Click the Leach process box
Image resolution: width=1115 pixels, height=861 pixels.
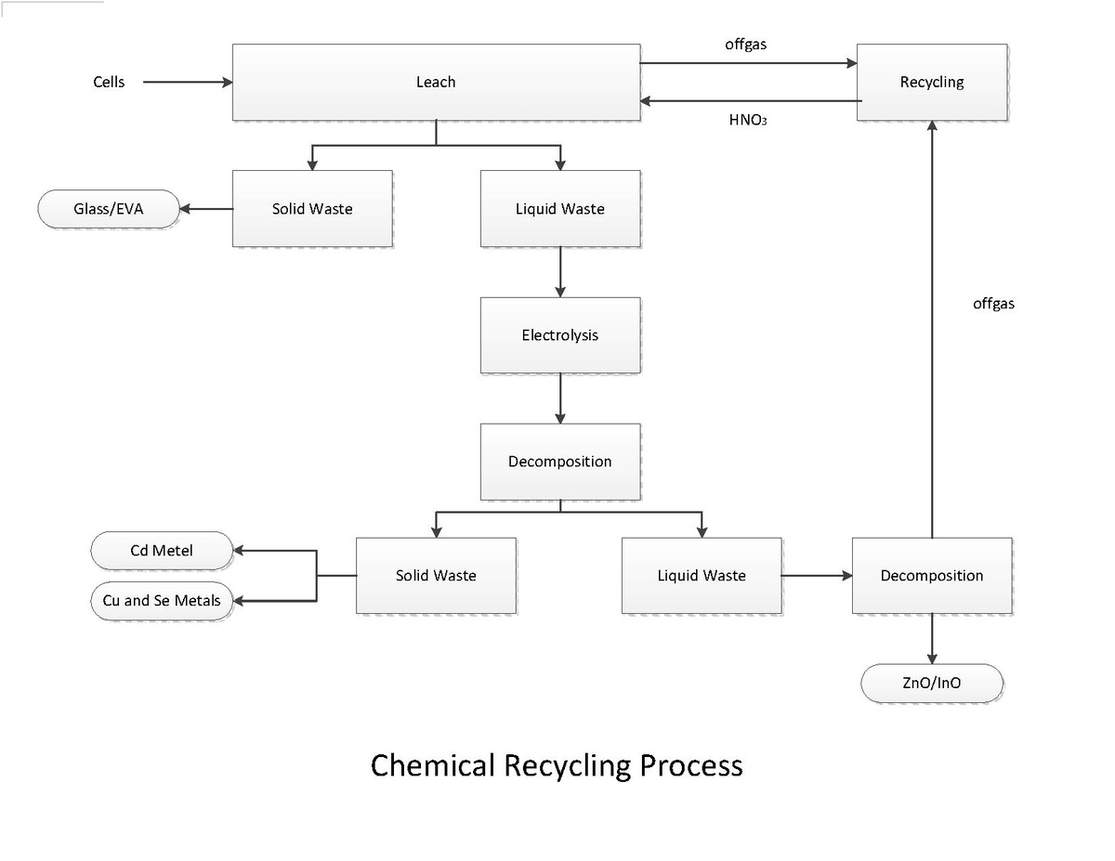coord(436,82)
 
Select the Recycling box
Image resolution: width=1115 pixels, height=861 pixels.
coord(932,82)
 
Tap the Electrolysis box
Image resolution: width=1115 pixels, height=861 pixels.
coord(560,335)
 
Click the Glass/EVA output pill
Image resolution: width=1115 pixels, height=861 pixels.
coord(109,209)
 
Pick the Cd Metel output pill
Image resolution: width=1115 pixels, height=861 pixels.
coord(162,550)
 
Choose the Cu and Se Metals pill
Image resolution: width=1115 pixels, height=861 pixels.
coord(162,601)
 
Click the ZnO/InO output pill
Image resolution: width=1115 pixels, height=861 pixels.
coord(932,683)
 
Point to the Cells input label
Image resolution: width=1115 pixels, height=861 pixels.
coord(109,82)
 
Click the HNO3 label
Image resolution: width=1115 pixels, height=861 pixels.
coord(748,120)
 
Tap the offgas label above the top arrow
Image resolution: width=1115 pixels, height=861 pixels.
coord(745,45)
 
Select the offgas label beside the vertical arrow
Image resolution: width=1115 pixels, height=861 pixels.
coord(993,304)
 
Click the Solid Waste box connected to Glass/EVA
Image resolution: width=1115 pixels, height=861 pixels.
coord(312,209)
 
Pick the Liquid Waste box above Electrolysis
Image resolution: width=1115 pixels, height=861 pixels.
coord(560,209)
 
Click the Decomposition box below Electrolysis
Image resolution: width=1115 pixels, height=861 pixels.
coord(560,462)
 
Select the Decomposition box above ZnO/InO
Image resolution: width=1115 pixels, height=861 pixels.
coord(932,575)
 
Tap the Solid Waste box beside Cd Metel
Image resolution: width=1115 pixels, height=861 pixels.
coord(436,575)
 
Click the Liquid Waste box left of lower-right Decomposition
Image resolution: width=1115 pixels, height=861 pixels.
coord(702,575)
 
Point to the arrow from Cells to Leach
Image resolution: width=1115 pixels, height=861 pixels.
coord(188,82)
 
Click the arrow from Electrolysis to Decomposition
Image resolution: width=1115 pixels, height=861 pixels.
coord(560,398)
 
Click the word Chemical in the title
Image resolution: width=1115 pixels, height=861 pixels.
coord(433,765)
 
